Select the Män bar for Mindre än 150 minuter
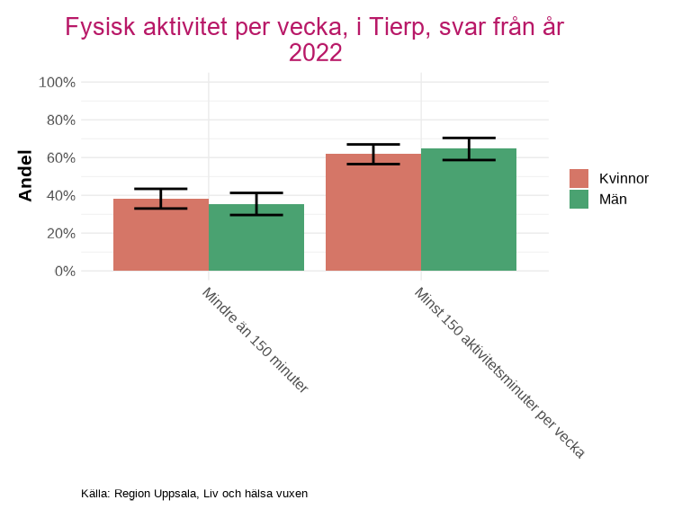[256, 238]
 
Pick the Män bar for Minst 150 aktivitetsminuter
[469, 210]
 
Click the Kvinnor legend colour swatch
[579, 178]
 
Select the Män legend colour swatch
[579, 200]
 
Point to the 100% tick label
[58, 83]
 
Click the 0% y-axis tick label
[64, 272]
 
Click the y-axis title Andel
[25, 176]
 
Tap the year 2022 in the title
[315, 53]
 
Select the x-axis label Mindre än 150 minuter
[255, 340]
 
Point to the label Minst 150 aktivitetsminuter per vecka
[499, 372]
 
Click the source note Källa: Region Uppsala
[194, 494]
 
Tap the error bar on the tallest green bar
[469, 148]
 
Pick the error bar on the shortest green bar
[256, 204]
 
